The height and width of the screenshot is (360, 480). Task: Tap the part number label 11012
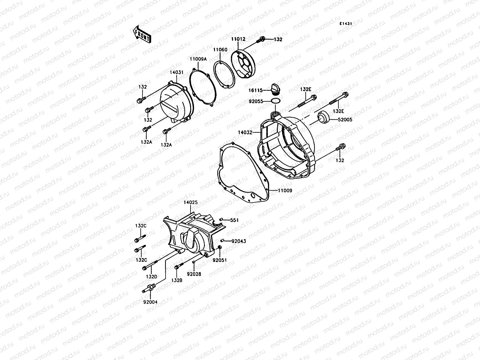[238, 39]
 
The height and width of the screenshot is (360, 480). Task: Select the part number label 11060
[220, 50]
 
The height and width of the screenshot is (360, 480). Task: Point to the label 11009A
[198, 59]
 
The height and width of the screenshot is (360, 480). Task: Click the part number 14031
[176, 73]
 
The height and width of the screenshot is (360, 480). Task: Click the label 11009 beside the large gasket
[285, 190]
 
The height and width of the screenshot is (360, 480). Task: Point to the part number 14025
[190, 202]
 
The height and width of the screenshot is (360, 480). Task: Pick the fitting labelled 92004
[149, 288]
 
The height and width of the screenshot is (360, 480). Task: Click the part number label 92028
[194, 274]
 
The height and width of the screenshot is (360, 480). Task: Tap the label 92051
[220, 260]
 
